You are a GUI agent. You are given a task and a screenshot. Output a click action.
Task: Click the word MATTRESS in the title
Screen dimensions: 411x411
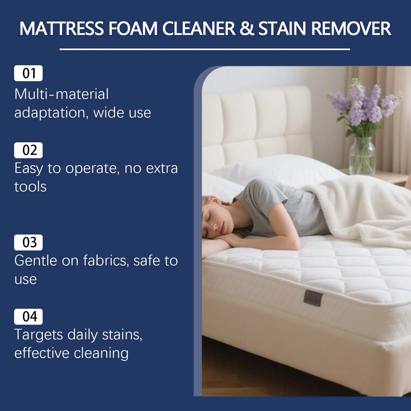pyautogui.click(x=62, y=28)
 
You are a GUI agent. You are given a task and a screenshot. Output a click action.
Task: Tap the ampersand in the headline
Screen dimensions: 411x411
pyautogui.click(x=247, y=28)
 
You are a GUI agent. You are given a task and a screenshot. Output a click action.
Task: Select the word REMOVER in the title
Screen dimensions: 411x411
pyautogui.click(x=351, y=28)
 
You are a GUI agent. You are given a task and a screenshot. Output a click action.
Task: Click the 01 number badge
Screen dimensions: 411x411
pyautogui.click(x=28, y=73)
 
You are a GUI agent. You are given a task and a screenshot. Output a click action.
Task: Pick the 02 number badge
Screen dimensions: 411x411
pyautogui.click(x=28, y=150)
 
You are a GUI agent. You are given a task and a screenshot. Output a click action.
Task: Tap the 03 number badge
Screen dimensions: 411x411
pyautogui.click(x=28, y=242)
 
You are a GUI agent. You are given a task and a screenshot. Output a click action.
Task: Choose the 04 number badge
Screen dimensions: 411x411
pyautogui.click(x=28, y=316)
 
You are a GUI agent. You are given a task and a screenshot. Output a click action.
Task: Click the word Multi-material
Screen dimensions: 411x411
pyautogui.click(x=62, y=94)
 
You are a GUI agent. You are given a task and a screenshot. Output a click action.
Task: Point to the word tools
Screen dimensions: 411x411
pyautogui.click(x=31, y=187)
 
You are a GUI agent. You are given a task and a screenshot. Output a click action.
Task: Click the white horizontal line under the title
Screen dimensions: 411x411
pyautogui.click(x=205, y=49)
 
